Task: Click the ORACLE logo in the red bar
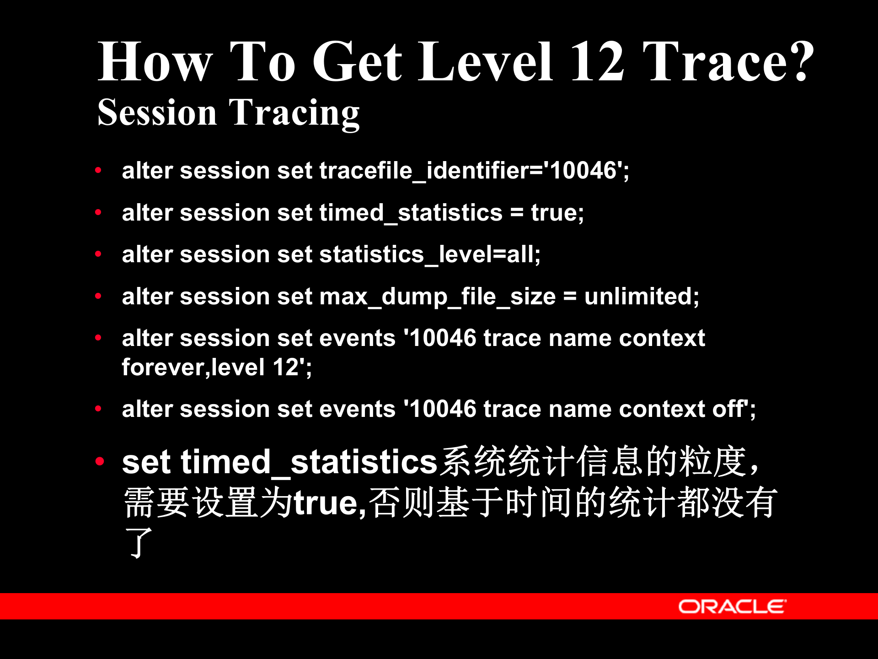coord(732,606)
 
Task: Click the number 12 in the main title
coord(597,62)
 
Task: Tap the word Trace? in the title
coord(728,62)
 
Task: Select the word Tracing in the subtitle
coord(294,113)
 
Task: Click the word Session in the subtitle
coord(157,113)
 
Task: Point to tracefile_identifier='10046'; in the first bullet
coord(474,171)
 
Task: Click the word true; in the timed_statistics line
coord(557,213)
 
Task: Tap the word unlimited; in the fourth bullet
coord(641,296)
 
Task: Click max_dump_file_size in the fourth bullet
coord(437,297)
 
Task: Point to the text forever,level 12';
coord(217,367)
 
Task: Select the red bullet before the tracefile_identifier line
coord(98,171)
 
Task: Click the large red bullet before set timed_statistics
coord(100,461)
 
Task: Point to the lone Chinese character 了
coord(139,542)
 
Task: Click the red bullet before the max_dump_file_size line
coord(98,296)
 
